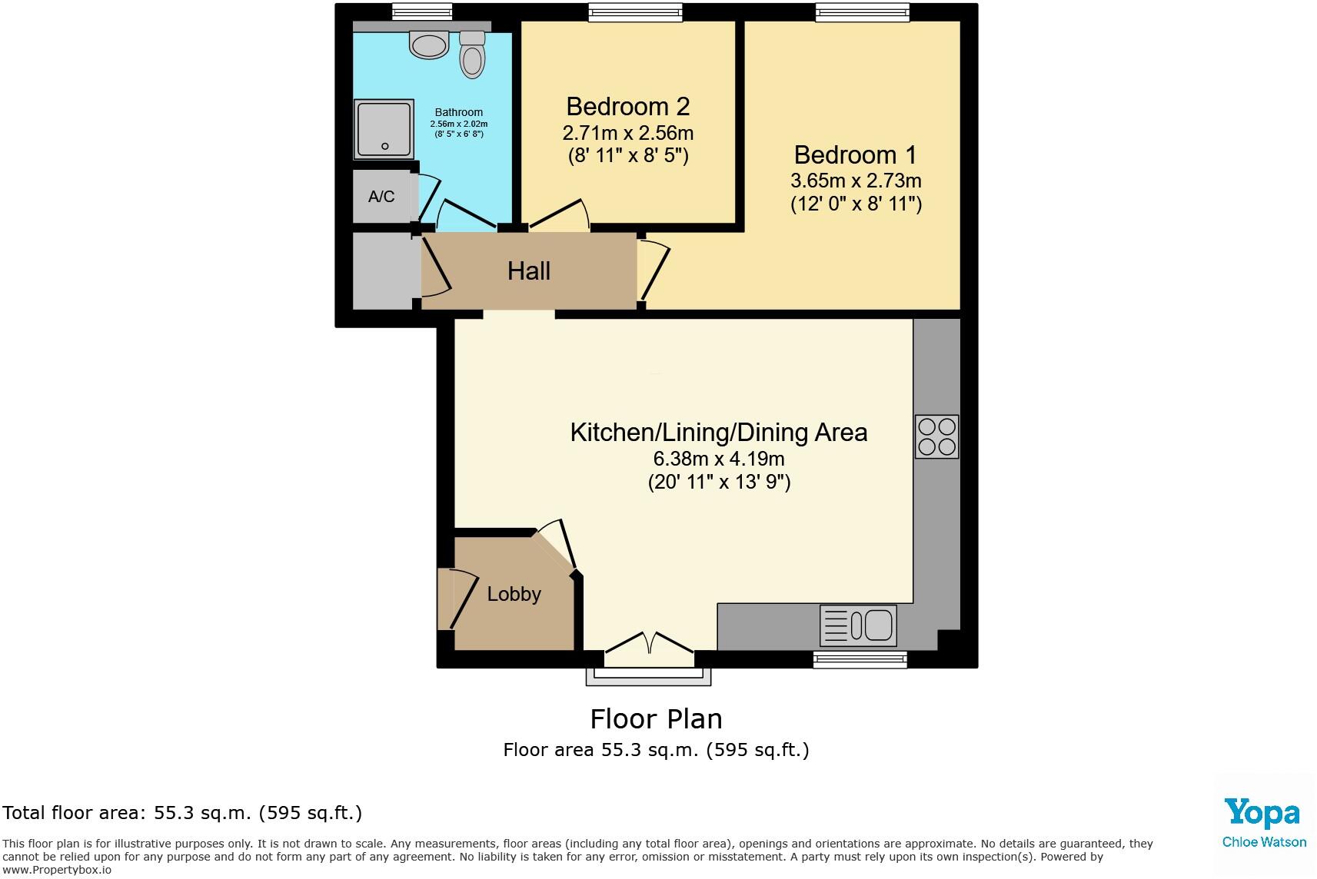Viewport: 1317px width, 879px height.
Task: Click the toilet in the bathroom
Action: point(472,55)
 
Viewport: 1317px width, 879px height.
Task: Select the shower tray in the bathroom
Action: point(384,129)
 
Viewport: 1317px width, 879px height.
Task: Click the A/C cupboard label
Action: point(381,197)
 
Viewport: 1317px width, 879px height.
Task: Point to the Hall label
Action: point(529,271)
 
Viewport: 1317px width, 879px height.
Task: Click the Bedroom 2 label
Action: point(627,106)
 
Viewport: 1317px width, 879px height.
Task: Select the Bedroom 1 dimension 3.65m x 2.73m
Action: point(855,181)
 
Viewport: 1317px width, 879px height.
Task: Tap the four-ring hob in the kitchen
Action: point(936,436)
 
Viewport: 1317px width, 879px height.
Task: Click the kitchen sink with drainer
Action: point(858,624)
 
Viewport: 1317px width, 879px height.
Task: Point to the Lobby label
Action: point(514,594)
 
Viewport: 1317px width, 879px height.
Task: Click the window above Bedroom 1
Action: point(862,12)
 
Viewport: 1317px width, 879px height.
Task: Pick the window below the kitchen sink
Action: point(860,658)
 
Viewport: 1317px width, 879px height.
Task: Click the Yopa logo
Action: point(1262,813)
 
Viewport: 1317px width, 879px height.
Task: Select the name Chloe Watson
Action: point(1264,842)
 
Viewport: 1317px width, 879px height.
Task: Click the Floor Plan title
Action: point(656,719)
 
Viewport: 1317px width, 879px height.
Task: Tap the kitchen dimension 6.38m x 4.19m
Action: point(718,459)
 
